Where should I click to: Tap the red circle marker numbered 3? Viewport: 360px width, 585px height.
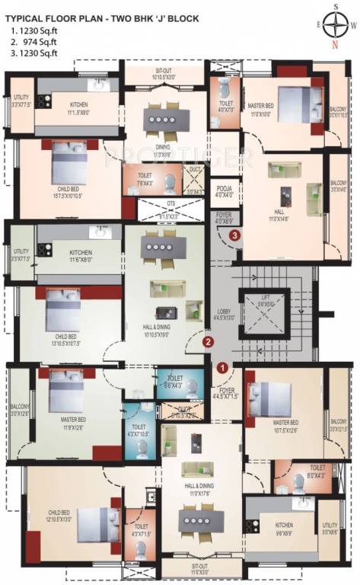[236, 235]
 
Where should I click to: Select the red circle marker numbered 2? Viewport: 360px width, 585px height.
[207, 342]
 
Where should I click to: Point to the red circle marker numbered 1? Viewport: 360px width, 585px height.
[222, 366]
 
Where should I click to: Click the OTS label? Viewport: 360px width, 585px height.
[170, 203]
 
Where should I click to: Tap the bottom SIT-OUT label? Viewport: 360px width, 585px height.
[200, 566]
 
